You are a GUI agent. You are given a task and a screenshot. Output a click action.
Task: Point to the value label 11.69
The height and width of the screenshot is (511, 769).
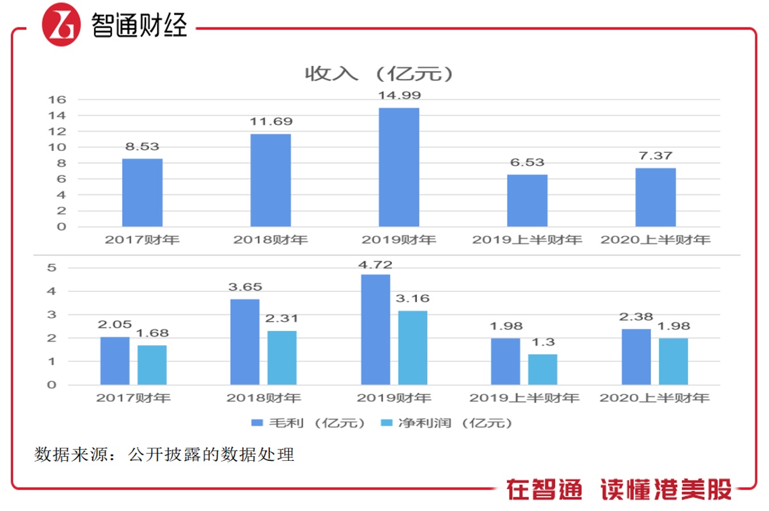(x=270, y=121)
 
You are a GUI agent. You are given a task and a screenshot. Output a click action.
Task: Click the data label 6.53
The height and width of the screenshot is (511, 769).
(x=527, y=162)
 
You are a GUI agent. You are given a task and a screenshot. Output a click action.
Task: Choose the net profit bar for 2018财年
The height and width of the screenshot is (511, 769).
(x=282, y=358)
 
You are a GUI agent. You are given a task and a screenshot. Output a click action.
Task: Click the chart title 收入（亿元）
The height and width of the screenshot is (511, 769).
(x=379, y=73)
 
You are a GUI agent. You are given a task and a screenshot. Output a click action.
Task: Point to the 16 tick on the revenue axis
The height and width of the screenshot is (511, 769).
(x=57, y=100)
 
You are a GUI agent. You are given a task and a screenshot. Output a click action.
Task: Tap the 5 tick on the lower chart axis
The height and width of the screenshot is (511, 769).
(x=52, y=268)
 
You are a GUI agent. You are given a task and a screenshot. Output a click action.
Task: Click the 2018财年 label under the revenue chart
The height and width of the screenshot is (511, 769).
(x=270, y=240)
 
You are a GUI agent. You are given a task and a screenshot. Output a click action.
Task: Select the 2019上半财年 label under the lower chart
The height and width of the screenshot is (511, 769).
(x=524, y=398)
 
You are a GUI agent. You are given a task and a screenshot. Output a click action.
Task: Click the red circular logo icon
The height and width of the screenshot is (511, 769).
(x=61, y=24)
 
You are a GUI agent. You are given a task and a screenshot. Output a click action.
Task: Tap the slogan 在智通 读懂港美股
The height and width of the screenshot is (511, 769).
(x=618, y=489)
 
